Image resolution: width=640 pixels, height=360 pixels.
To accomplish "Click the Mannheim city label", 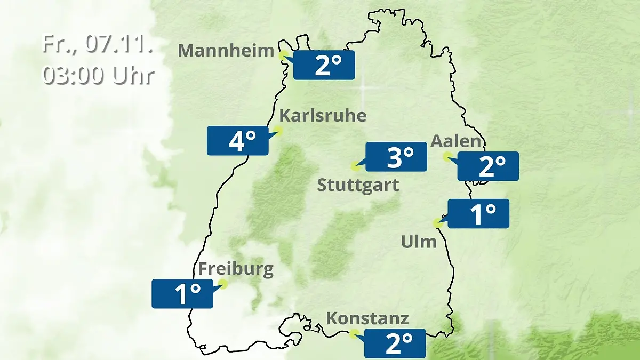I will (x=226, y=51).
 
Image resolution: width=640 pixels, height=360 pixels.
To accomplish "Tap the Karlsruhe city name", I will (x=323, y=116).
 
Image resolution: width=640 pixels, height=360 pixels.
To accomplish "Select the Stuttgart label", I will (x=358, y=186).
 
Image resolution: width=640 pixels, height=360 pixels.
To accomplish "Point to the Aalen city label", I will (x=455, y=141).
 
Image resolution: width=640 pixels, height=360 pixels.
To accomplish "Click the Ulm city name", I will (x=419, y=242).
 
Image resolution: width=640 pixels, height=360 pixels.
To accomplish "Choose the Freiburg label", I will (x=236, y=269).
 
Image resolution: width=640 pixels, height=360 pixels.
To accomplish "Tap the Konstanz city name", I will (x=367, y=319).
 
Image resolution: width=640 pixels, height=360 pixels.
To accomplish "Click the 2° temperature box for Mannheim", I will (x=324, y=65).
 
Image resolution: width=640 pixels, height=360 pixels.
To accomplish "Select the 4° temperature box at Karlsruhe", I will (x=237, y=141).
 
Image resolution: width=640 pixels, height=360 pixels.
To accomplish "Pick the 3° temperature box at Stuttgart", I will (x=396, y=157).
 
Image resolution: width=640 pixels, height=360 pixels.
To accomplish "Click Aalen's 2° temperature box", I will (x=488, y=166).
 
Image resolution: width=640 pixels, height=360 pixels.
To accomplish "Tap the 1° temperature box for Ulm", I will (x=478, y=214).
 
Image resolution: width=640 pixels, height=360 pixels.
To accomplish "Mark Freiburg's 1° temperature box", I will (x=182, y=293).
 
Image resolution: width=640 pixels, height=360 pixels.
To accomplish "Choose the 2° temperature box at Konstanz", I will (x=395, y=343).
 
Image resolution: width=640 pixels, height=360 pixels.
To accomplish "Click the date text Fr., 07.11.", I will (x=98, y=44).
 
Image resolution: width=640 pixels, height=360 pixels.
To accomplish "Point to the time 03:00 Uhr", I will (x=98, y=75).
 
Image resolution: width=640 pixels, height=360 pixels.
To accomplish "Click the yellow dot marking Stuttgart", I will (x=355, y=166).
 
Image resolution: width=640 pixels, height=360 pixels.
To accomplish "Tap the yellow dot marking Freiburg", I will (x=223, y=284).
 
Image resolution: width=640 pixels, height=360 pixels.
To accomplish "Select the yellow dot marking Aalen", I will (x=447, y=156).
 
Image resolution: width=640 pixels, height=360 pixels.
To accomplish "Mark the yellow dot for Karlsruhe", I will (x=278, y=130).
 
